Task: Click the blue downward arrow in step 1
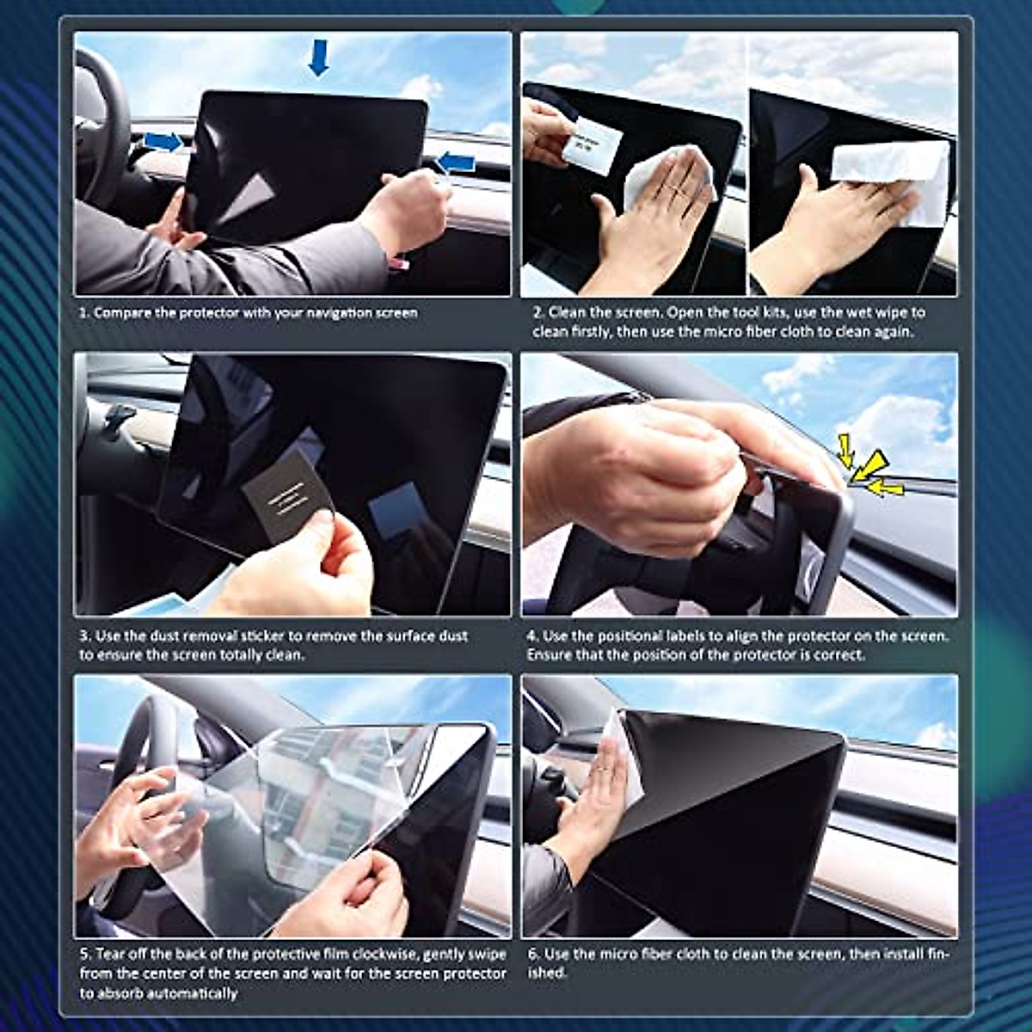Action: (318, 57)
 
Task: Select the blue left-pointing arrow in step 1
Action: (456, 162)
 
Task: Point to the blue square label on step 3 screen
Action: (395, 509)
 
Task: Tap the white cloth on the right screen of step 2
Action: (894, 172)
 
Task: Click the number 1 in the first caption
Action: (83, 313)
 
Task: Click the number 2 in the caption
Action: (536, 313)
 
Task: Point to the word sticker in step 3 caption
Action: (260, 636)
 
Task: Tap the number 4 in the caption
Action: (531, 636)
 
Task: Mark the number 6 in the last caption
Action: (532, 955)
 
